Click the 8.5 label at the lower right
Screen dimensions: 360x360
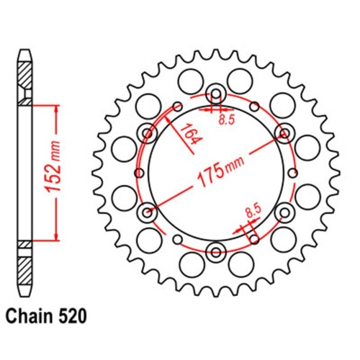pos(253,211)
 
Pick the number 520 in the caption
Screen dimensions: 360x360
pos(74,315)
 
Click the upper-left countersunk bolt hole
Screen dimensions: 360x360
pos(148,132)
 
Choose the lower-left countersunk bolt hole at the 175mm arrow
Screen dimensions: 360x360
pos(148,212)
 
